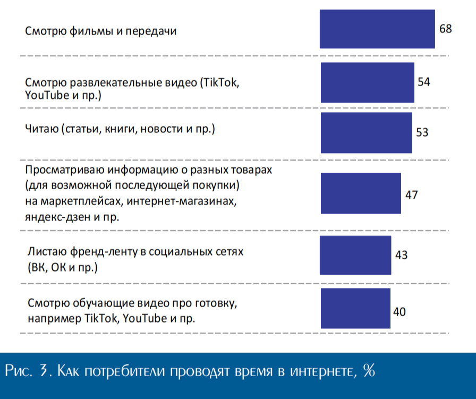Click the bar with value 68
[x=377, y=29]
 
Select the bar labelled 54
[x=367, y=82]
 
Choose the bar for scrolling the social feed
[x=355, y=255]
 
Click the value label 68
[x=445, y=29]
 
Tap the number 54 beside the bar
[x=423, y=82]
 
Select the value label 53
[x=422, y=132]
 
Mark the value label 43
[x=401, y=255]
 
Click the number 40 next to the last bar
[x=399, y=311]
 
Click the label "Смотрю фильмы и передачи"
[x=100, y=31]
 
